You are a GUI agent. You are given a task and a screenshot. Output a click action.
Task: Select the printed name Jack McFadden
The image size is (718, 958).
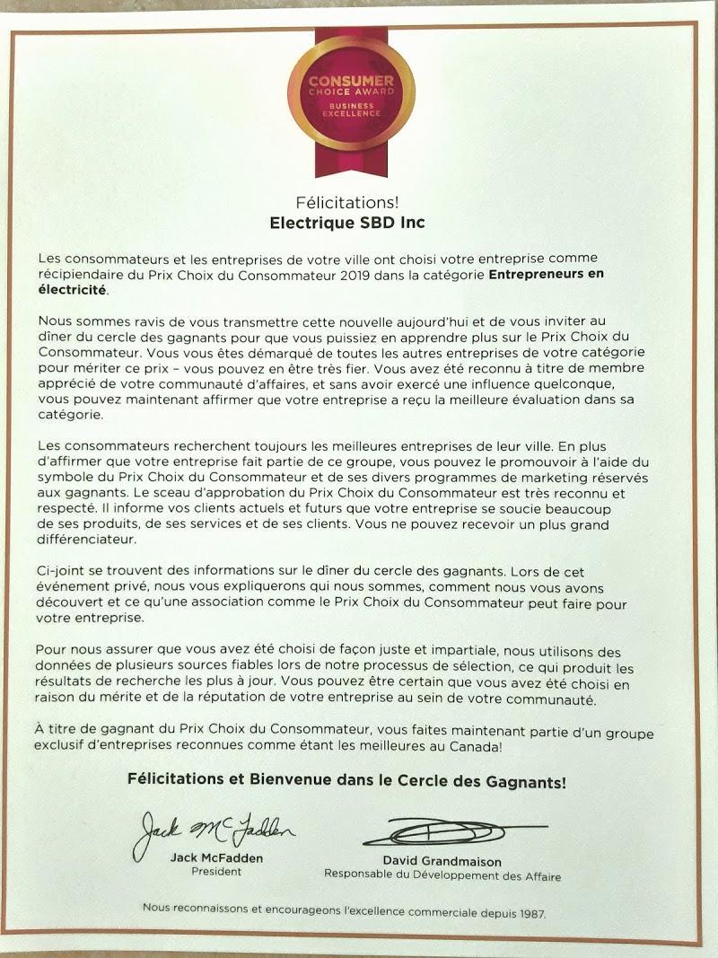[x=217, y=857]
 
